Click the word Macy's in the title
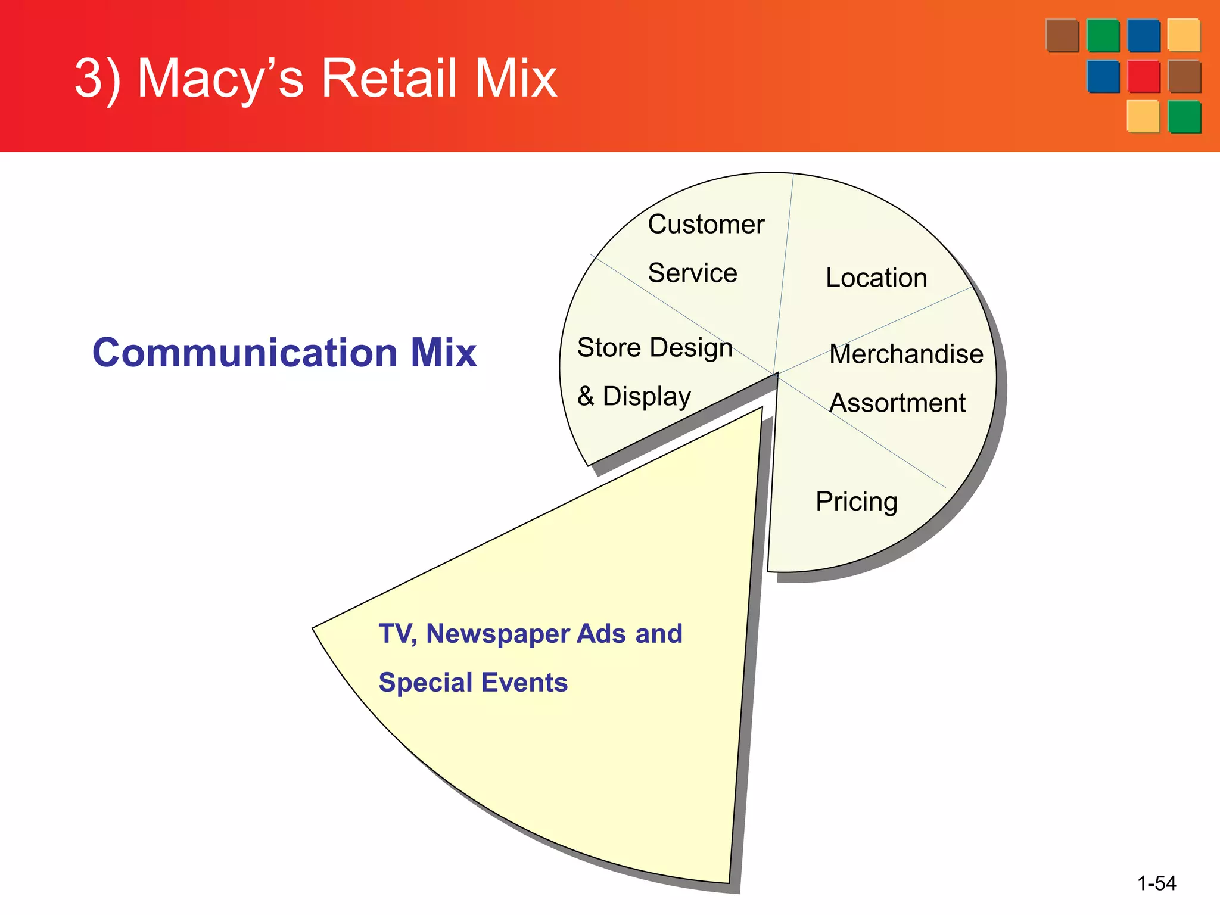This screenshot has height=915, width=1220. pyautogui.click(x=220, y=79)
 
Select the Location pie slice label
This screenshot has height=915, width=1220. pyautogui.click(x=876, y=278)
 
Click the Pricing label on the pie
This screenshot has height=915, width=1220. pyautogui.click(x=856, y=502)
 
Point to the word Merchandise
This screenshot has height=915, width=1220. pyautogui.click(x=905, y=354)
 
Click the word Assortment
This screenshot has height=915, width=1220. pyautogui.click(x=897, y=403)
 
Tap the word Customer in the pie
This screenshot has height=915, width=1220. pyautogui.click(x=706, y=225)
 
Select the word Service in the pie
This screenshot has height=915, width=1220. pyautogui.click(x=692, y=273)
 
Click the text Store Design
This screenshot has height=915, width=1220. pyautogui.click(x=654, y=348)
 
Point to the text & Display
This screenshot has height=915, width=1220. pyautogui.click(x=634, y=397)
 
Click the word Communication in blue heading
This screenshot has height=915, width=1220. pyautogui.click(x=245, y=353)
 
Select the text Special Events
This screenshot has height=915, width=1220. pyautogui.click(x=473, y=683)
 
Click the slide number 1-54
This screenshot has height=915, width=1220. pyautogui.click(x=1156, y=883)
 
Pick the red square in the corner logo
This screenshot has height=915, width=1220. pyautogui.click(x=1143, y=77)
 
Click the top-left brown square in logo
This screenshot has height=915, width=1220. pyautogui.click(x=1062, y=36)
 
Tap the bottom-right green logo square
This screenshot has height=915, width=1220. pyautogui.click(x=1184, y=117)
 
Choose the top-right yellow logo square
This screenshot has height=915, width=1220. pyautogui.click(x=1183, y=36)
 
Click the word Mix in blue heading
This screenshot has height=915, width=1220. pyautogui.click(x=443, y=353)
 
